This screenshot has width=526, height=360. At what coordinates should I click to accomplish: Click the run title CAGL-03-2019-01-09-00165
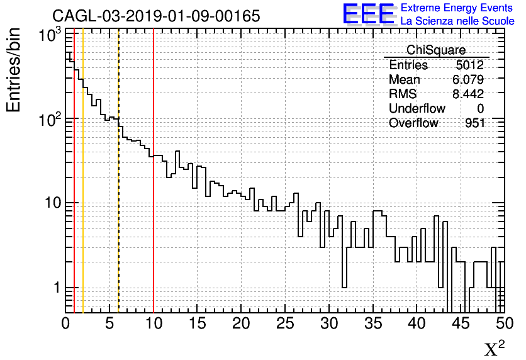[156, 16]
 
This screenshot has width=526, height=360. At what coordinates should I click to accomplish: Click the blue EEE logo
[368, 14]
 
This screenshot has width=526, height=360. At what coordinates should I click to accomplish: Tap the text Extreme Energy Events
[457, 8]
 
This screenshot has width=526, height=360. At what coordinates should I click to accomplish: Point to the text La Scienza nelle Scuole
[457, 21]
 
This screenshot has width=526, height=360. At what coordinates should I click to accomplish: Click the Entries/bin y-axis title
[14, 70]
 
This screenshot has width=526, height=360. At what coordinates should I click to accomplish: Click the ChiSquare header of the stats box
[436, 50]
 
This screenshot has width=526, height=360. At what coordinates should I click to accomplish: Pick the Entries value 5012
[470, 65]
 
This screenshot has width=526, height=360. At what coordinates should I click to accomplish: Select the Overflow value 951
[475, 123]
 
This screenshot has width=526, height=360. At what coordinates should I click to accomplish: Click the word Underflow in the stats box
[417, 109]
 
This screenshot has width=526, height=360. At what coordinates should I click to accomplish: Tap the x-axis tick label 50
[503, 323]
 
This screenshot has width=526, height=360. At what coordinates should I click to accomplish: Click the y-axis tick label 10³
[49, 37]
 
